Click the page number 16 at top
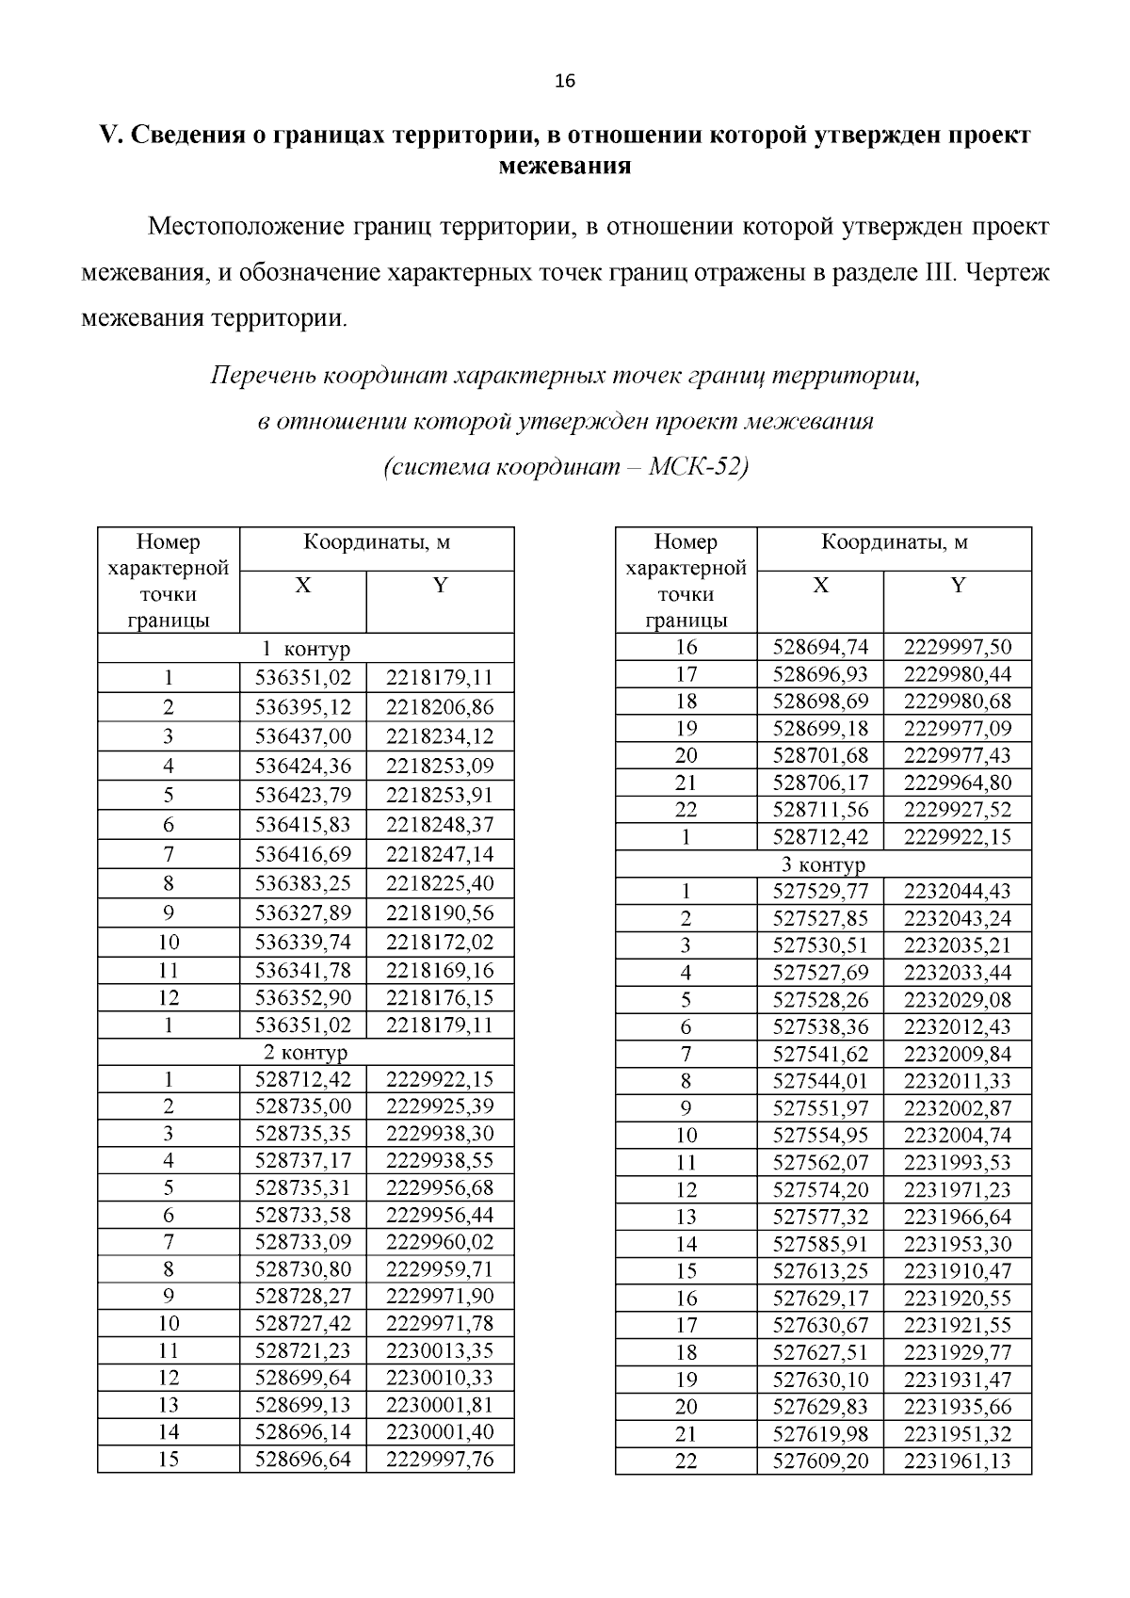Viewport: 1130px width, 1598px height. (x=565, y=81)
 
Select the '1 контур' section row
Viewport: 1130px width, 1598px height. (x=305, y=649)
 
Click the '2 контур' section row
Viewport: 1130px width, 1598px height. (x=305, y=1051)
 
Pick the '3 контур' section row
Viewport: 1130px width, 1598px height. (x=823, y=864)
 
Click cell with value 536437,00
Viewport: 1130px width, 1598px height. (x=302, y=736)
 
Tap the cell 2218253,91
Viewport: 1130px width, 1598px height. (x=439, y=795)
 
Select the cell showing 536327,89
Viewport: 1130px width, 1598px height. (x=302, y=912)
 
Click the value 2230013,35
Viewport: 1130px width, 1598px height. (x=439, y=1350)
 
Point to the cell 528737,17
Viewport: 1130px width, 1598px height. (x=302, y=1160)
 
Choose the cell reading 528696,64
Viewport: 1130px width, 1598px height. (x=302, y=1459)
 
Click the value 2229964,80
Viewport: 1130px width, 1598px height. (x=957, y=783)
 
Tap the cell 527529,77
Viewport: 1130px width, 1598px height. (x=820, y=891)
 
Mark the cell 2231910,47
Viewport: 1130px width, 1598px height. (x=957, y=1270)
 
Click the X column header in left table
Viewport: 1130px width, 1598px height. (x=302, y=586)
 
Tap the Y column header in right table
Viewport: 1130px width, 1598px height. (x=957, y=586)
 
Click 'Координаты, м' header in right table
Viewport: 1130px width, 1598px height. (x=894, y=542)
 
